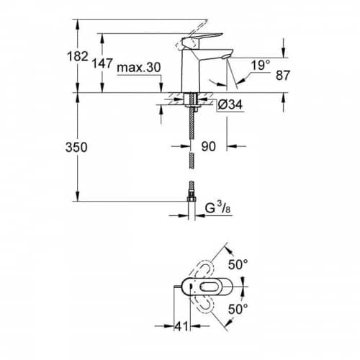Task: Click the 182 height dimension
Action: click(x=77, y=57)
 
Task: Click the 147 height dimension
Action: click(x=102, y=63)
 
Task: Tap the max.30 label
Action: click(x=139, y=68)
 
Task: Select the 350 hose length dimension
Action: click(x=76, y=147)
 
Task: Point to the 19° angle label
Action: click(x=261, y=65)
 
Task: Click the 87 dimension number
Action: click(x=283, y=75)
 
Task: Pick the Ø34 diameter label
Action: click(x=230, y=104)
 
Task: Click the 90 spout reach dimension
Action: click(x=209, y=146)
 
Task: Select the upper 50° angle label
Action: click(x=238, y=265)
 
